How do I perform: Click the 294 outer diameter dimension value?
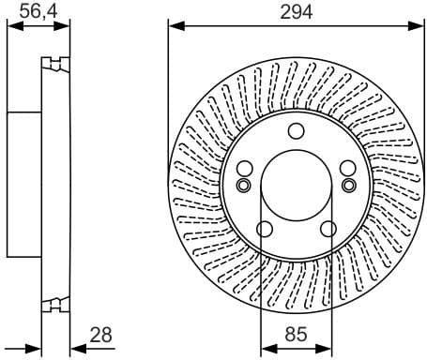296,11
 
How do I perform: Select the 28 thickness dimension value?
101,335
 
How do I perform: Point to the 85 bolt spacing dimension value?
296,335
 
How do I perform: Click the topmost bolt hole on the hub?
296,130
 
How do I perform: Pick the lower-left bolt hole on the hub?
265,230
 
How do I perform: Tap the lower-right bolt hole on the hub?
328,230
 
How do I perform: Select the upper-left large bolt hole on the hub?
245,169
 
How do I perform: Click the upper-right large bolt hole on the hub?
347,169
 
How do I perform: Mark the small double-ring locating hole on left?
243,184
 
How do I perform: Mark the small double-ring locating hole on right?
349,184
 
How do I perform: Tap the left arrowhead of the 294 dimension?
174,27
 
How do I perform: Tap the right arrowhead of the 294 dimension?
419,27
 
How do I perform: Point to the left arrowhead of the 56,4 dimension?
12,27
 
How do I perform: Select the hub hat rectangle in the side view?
24,184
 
